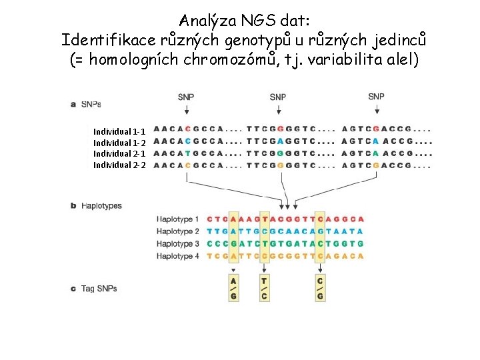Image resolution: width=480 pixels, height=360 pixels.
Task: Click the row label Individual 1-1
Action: click(x=119, y=131)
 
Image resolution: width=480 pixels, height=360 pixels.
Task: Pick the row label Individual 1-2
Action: click(x=119, y=143)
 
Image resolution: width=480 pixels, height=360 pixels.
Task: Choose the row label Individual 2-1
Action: click(x=119, y=153)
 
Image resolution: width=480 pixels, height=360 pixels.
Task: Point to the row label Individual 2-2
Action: click(x=119, y=165)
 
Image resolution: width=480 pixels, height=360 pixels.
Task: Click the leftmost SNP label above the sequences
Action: click(x=187, y=97)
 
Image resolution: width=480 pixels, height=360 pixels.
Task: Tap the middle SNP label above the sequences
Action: click(x=278, y=97)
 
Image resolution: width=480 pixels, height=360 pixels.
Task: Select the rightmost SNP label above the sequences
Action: click(x=376, y=97)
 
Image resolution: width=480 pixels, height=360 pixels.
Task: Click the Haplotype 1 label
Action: click(x=178, y=219)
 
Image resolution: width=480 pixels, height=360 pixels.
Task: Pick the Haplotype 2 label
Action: click(x=178, y=231)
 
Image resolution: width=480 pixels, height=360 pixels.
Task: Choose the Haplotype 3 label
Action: click(x=178, y=243)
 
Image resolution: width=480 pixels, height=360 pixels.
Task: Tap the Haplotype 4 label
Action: click(x=178, y=256)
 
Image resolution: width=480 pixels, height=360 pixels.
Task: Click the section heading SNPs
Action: click(x=91, y=105)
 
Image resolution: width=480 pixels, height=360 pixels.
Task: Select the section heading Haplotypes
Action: click(x=101, y=206)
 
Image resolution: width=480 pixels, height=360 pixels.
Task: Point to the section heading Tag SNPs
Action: click(x=99, y=289)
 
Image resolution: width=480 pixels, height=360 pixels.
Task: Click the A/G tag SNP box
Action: click(x=233, y=289)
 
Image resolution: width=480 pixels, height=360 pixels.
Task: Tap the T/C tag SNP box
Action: click(x=264, y=289)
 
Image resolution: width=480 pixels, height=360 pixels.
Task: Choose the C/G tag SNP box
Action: click(x=320, y=289)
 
